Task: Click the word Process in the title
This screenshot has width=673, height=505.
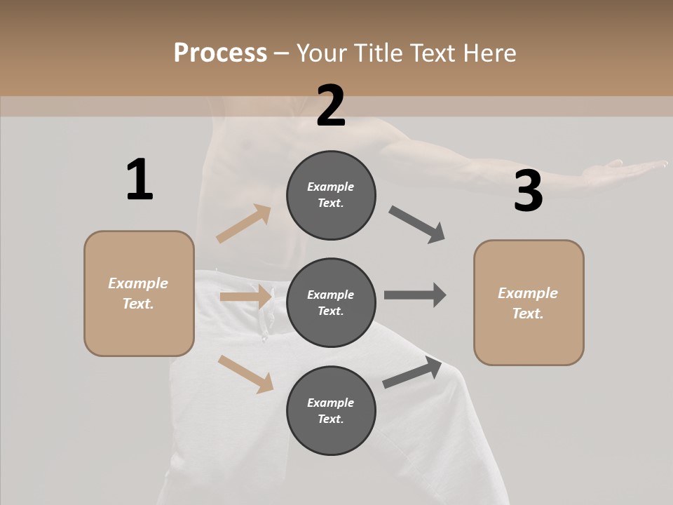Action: click(220, 53)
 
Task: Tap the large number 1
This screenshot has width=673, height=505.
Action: click(140, 180)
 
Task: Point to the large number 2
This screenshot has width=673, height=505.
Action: click(331, 106)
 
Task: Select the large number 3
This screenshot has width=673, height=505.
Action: click(528, 191)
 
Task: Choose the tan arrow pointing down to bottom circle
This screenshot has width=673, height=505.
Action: click(245, 374)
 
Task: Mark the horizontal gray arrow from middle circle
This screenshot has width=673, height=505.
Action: click(414, 295)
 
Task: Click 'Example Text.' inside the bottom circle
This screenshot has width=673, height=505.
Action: click(331, 410)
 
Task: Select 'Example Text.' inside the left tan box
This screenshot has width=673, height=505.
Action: click(139, 293)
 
